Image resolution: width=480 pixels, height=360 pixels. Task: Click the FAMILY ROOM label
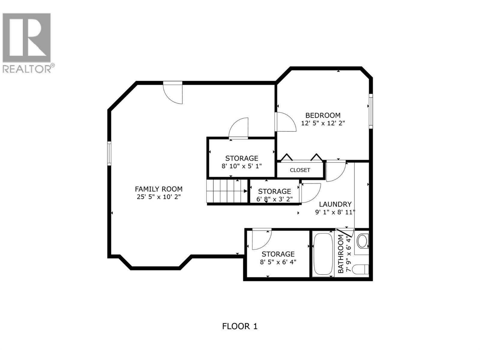point(158,189)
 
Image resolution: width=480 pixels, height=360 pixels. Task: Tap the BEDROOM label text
point(323,115)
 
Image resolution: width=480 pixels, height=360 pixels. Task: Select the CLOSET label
point(300,170)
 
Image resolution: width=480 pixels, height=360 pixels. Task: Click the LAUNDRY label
point(335,204)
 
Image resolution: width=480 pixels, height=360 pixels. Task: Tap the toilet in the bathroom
point(360,269)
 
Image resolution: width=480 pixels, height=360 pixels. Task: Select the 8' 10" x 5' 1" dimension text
point(241,166)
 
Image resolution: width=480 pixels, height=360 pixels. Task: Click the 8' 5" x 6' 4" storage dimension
point(278,262)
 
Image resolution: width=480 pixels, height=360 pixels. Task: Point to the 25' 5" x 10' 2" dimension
point(158,197)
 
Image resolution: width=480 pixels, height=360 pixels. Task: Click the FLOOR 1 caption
point(240,326)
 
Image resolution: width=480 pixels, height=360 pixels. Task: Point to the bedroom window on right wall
point(371,111)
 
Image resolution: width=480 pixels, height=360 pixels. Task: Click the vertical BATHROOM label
point(341,253)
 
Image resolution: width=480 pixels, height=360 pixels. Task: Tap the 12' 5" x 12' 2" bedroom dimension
point(323,123)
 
